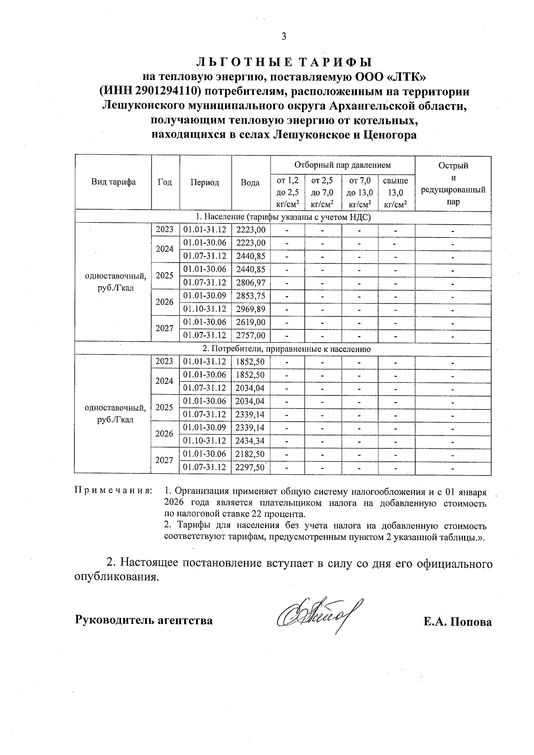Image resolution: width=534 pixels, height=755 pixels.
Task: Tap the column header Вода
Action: pyautogui.click(x=251, y=182)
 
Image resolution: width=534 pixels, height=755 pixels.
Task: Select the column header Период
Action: pyautogui.click(x=205, y=182)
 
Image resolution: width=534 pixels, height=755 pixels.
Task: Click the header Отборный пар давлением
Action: pyautogui.click(x=342, y=165)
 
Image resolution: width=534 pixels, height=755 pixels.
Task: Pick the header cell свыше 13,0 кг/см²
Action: pyautogui.click(x=396, y=192)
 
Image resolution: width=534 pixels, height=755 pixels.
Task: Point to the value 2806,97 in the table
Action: pyautogui.click(x=251, y=283)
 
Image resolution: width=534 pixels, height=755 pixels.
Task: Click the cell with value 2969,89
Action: pyautogui.click(x=251, y=309)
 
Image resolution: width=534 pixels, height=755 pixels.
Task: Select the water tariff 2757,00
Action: pyautogui.click(x=251, y=335)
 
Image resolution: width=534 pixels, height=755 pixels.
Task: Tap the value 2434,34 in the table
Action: pyautogui.click(x=251, y=441)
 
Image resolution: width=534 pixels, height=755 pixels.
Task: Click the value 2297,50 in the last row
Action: pyautogui.click(x=251, y=468)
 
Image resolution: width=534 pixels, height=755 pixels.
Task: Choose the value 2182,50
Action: pyautogui.click(x=251, y=454)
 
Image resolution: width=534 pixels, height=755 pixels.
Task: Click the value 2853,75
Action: pyautogui.click(x=251, y=295)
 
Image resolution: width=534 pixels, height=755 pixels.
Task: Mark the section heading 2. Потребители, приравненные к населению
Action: pyautogui.click(x=283, y=349)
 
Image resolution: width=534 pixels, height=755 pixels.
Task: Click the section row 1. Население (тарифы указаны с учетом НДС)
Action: pyautogui.click(x=283, y=217)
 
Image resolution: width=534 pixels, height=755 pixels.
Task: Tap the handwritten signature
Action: pyautogui.click(x=318, y=617)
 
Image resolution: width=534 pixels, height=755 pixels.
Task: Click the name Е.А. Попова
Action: pyautogui.click(x=457, y=622)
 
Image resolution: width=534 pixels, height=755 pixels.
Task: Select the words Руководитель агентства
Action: pyautogui.click(x=144, y=620)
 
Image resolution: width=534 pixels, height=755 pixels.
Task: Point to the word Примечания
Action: pyautogui.click(x=113, y=491)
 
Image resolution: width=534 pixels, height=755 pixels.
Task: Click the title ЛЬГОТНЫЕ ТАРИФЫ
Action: pyautogui.click(x=283, y=62)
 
